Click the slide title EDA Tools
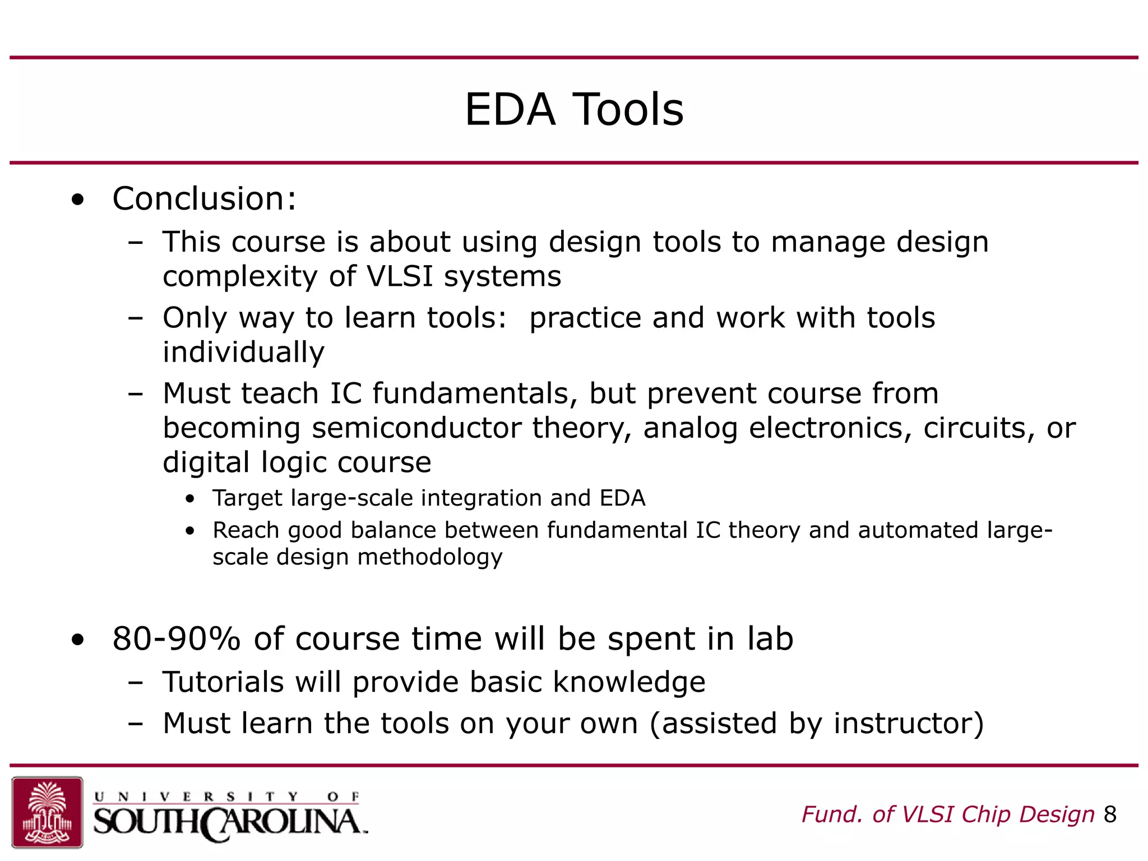pos(574,109)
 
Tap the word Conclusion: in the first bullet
pos(204,199)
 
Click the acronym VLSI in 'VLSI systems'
pos(400,276)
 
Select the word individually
pos(243,353)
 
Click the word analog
pos(690,429)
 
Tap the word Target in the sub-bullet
pos(247,498)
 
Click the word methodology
pos(430,557)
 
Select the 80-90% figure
pos(176,639)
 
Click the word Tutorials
pos(223,682)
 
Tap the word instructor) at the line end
pos(908,723)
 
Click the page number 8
pos(1110,814)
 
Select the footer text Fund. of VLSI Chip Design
pos(948,814)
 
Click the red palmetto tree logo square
pos(47,812)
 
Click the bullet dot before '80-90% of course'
pos(78,640)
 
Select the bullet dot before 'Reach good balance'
pos(191,531)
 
